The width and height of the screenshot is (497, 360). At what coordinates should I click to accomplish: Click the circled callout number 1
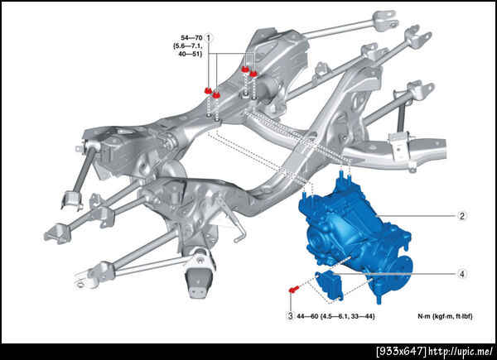coord(208,38)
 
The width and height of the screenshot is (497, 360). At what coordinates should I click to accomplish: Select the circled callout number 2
coord(462,216)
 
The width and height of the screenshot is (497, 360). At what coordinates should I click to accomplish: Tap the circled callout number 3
coord(291,315)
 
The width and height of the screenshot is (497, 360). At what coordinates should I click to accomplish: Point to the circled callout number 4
coord(462,274)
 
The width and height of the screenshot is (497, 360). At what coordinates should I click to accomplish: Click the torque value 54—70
coord(191,38)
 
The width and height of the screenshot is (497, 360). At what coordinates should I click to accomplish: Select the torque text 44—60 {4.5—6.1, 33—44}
coord(335,316)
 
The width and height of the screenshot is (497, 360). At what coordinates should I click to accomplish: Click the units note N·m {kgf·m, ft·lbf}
coord(445,316)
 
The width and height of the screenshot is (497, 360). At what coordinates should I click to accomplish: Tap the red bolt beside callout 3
coord(293,289)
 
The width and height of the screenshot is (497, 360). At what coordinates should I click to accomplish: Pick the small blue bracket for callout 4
coord(328,284)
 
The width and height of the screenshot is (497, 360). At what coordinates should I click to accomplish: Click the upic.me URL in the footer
coord(461,351)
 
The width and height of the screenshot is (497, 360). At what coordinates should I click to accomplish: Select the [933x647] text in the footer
coord(401,351)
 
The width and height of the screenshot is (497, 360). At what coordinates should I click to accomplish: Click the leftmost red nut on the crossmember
coord(208,90)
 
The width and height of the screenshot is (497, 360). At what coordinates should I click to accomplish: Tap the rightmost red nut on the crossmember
coord(253,74)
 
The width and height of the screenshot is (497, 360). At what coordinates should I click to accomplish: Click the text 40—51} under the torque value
coord(190,54)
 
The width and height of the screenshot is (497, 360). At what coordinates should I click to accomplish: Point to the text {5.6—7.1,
coord(188,46)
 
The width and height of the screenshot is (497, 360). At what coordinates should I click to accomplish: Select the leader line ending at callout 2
coord(416,216)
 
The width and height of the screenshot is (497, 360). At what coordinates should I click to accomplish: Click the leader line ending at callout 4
coord(395,274)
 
